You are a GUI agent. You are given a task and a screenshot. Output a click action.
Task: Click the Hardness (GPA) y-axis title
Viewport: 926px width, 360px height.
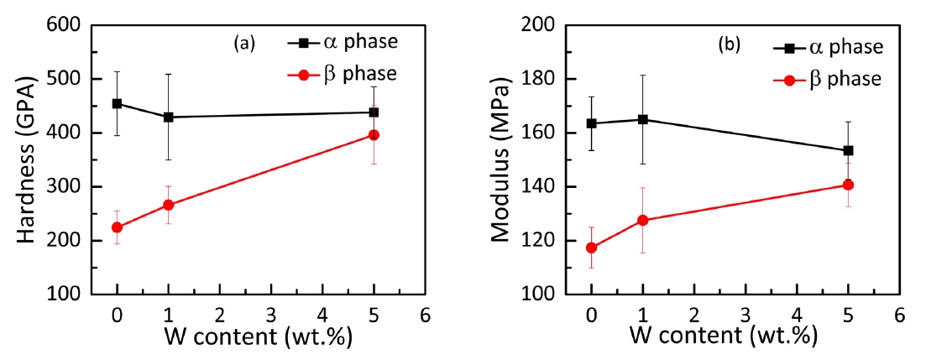[31, 159]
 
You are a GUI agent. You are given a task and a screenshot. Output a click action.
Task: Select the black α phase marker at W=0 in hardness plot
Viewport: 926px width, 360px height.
[117, 104]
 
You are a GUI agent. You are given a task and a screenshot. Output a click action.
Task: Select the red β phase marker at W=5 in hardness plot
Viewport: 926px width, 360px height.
[374, 135]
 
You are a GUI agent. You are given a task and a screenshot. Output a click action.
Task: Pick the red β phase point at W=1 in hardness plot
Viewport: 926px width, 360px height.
[168, 205]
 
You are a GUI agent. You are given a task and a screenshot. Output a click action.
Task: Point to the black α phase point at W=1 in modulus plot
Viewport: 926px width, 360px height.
[643, 119]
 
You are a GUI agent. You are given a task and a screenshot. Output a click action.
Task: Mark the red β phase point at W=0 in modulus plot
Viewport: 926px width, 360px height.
[591, 248]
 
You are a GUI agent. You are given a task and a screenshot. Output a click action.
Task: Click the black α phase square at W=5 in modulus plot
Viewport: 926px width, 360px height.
[848, 150]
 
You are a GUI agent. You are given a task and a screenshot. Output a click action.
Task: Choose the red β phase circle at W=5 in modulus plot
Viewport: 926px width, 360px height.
[848, 185]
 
